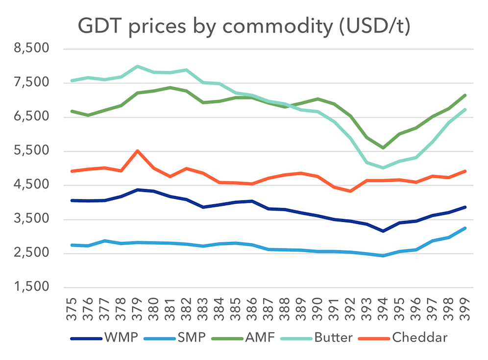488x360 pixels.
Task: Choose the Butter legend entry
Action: (333, 337)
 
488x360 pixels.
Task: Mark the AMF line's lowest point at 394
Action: (383, 147)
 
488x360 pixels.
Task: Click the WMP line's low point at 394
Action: (383, 231)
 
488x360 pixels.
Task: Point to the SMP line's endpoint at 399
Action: (464, 228)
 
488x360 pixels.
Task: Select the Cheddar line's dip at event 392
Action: (350, 191)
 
